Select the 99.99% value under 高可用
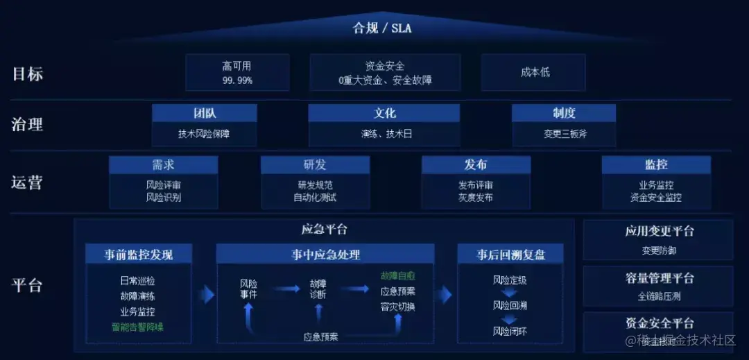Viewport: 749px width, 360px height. (236, 80)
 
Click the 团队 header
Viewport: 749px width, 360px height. (204, 113)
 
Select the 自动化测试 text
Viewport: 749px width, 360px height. (315, 198)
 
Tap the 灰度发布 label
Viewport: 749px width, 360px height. (476, 198)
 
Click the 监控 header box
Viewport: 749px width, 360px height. (656, 165)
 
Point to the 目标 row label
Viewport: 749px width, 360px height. (28, 74)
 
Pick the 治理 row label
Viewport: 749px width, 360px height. (28, 125)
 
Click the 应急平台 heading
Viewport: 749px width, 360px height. (325, 230)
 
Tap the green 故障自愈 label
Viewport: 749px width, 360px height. (397, 276)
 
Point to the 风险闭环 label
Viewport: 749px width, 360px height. (510, 331)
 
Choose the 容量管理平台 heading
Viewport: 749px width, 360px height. (660, 278)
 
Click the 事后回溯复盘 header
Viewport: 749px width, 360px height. (511, 255)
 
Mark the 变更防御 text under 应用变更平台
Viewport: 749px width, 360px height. (660, 250)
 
